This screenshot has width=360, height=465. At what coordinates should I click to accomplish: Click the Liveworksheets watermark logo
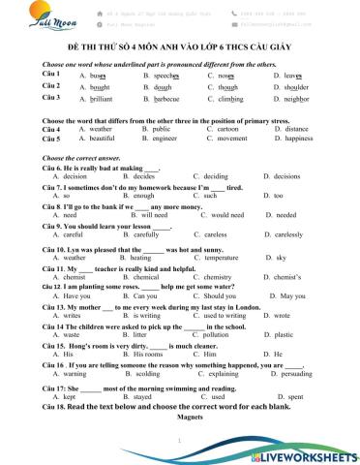point(306,452)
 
